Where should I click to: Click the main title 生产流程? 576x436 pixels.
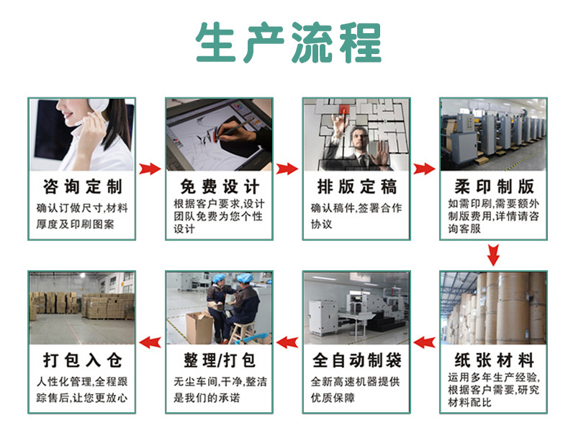click(x=288, y=43)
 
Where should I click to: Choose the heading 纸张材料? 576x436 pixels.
click(x=494, y=360)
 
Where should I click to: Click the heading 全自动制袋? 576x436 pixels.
click(x=356, y=360)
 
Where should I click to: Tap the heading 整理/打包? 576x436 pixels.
click(x=220, y=360)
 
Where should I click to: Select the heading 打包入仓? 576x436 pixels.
click(x=82, y=360)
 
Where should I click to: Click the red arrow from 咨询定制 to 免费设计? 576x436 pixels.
click(x=150, y=169)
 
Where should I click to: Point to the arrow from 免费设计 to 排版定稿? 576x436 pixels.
click(x=287, y=169)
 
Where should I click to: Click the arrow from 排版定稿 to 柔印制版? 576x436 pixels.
click(x=425, y=169)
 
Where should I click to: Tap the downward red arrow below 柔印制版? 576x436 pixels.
click(x=493, y=255)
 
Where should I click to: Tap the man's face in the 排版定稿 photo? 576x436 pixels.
click(x=358, y=133)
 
